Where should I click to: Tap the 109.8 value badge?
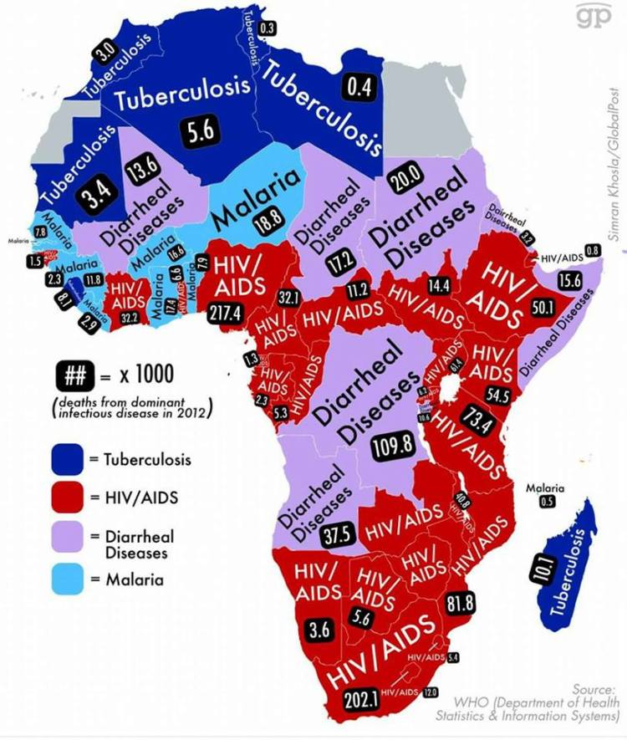tap(393, 446)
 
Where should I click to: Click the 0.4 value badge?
tap(359, 86)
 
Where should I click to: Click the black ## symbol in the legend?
tap(72, 371)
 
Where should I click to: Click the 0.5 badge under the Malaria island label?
tap(548, 502)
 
